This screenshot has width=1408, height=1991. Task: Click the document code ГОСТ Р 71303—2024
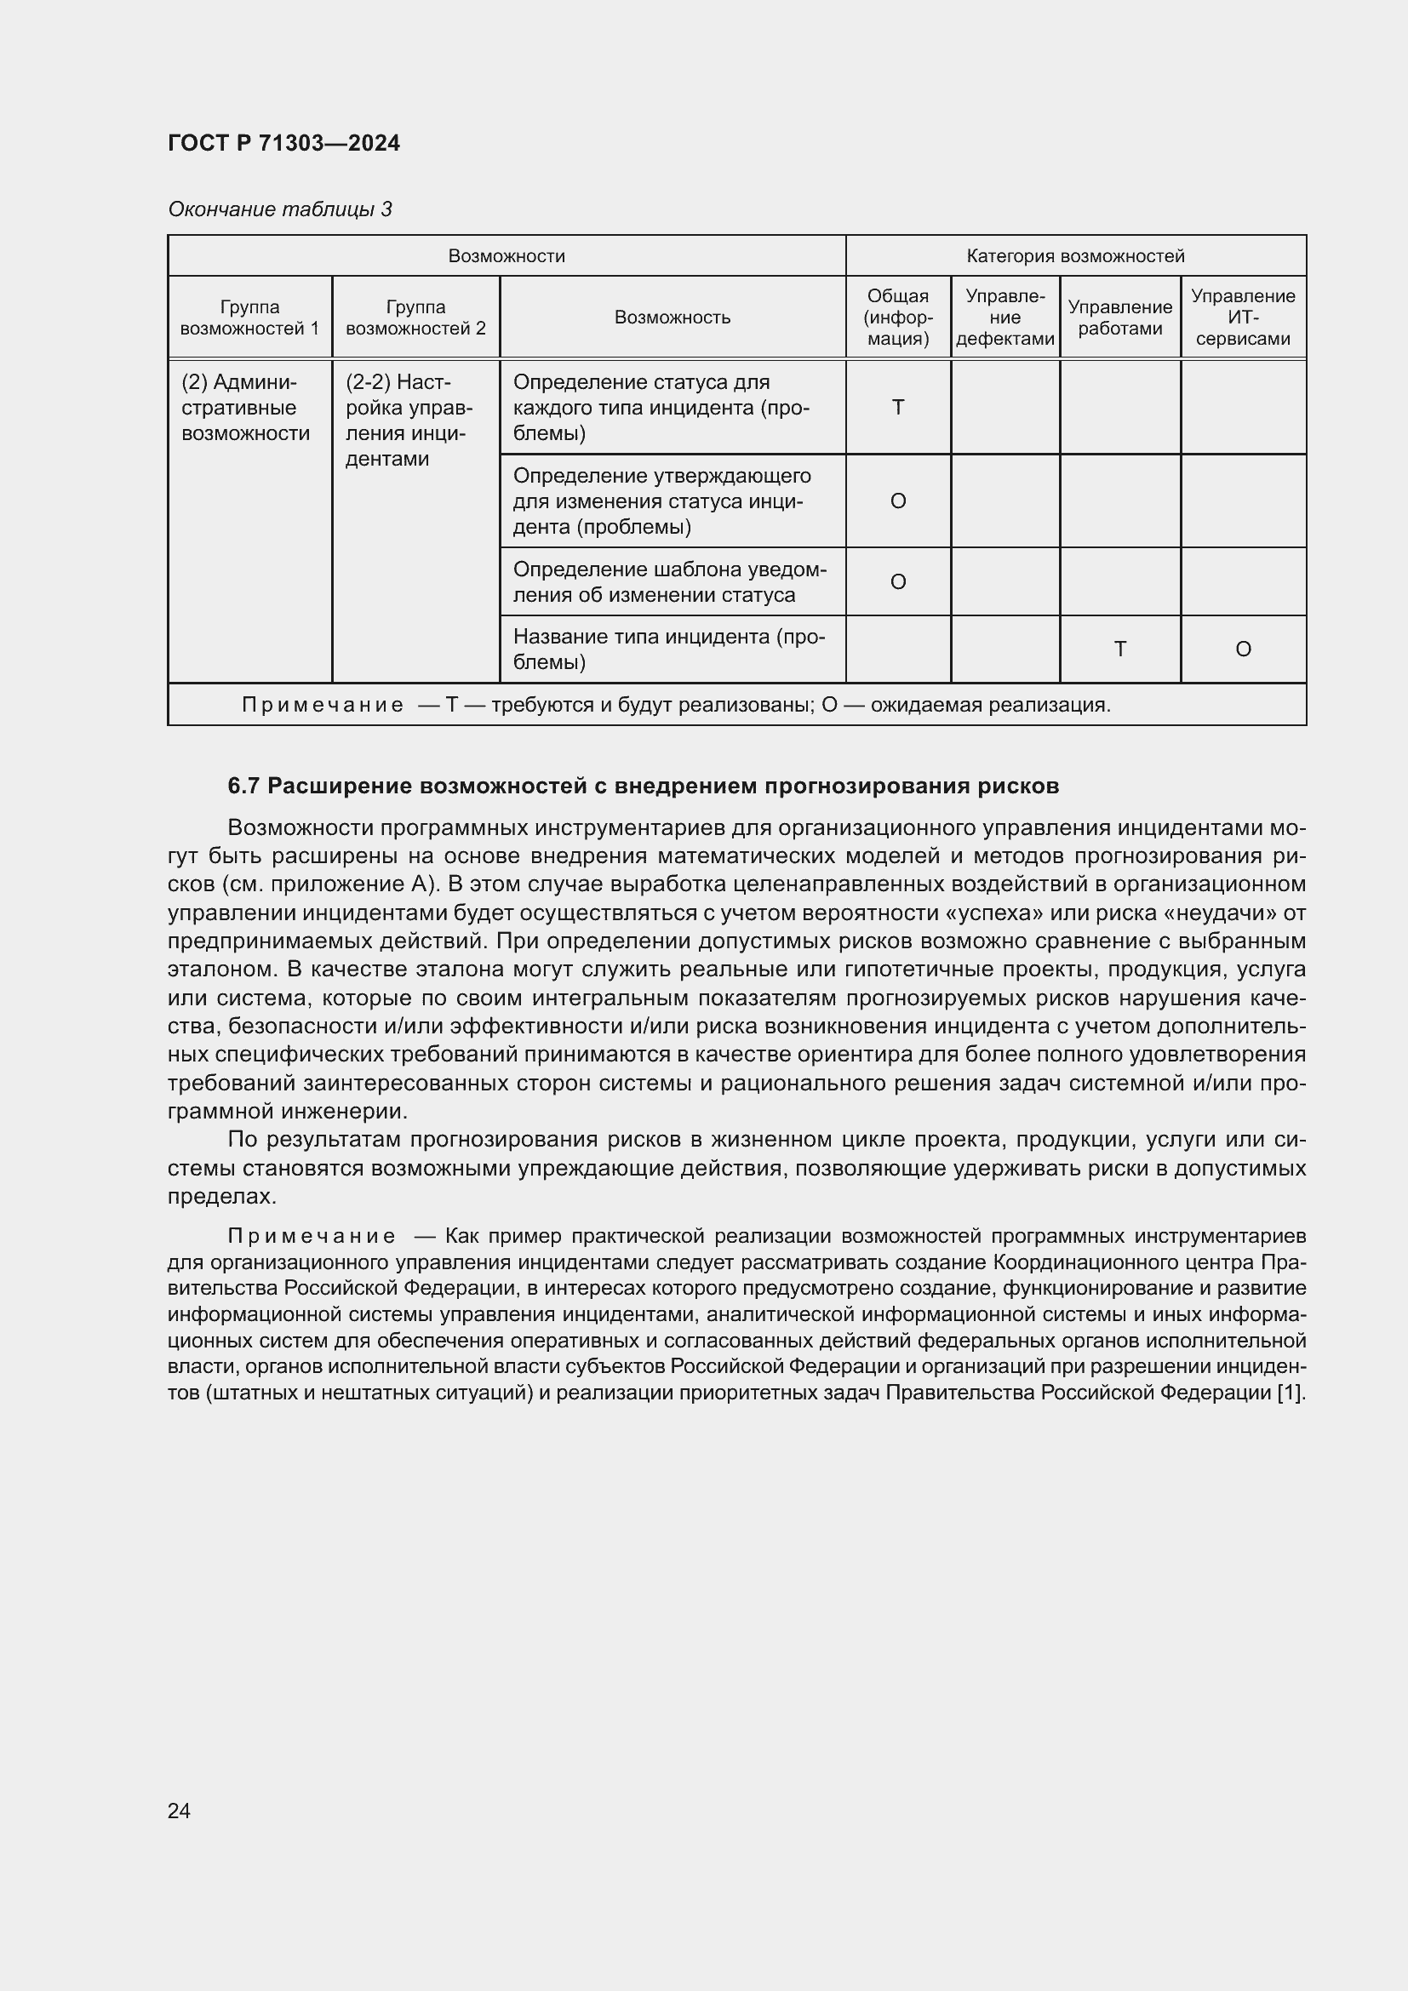click(283, 143)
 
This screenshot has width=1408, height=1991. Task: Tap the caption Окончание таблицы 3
click(279, 209)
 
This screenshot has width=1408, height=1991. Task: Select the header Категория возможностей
click(1075, 256)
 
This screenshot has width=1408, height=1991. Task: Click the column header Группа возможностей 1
click(249, 318)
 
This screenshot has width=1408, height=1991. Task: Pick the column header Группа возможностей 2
click(415, 318)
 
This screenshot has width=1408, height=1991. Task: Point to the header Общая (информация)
click(898, 318)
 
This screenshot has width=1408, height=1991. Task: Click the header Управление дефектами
click(1004, 318)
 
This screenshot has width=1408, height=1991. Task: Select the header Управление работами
click(1119, 318)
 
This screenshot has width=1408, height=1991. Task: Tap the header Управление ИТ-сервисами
click(1242, 318)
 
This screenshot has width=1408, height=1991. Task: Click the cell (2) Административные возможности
click(245, 408)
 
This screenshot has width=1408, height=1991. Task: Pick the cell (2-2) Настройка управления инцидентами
click(409, 421)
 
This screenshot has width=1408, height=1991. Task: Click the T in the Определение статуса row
click(898, 408)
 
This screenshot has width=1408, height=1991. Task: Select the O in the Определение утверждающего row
click(898, 501)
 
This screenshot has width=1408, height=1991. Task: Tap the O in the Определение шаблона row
click(898, 582)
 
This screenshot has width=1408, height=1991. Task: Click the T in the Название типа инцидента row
click(1119, 649)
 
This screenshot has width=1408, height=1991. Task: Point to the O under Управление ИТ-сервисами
click(1242, 649)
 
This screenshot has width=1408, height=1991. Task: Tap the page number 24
click(180, 1811)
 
